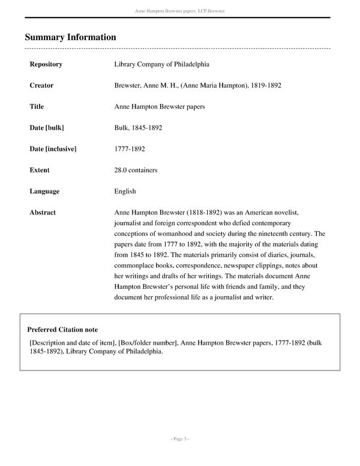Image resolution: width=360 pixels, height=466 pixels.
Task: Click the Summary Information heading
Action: point(70,37)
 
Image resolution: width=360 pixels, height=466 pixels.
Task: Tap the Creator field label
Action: point(41,85)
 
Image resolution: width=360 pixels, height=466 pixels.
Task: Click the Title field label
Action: point(37,107)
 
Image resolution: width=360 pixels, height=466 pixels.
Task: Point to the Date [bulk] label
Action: point(47,128)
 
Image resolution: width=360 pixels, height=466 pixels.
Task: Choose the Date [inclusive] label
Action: point(53,149)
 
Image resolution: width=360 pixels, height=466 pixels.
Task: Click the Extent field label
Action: point(40,170)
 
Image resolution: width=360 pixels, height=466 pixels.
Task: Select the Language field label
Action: point(44,192)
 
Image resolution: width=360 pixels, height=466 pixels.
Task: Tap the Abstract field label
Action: point(43,213)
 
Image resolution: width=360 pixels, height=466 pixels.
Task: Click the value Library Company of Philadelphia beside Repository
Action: point(161,64)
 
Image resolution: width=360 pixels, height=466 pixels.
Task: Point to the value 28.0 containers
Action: point(136,170)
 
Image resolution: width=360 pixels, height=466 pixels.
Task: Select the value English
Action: point(125,192)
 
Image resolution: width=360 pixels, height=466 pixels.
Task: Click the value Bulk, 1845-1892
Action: point(138,128)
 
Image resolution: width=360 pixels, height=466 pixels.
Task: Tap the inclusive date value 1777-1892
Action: point(129,149)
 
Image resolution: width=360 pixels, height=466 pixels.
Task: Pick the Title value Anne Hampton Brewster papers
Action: point(160,107)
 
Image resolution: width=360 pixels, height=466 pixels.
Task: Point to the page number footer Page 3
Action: point(179,440)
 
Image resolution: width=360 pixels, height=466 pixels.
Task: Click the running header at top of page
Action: point(179,11)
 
